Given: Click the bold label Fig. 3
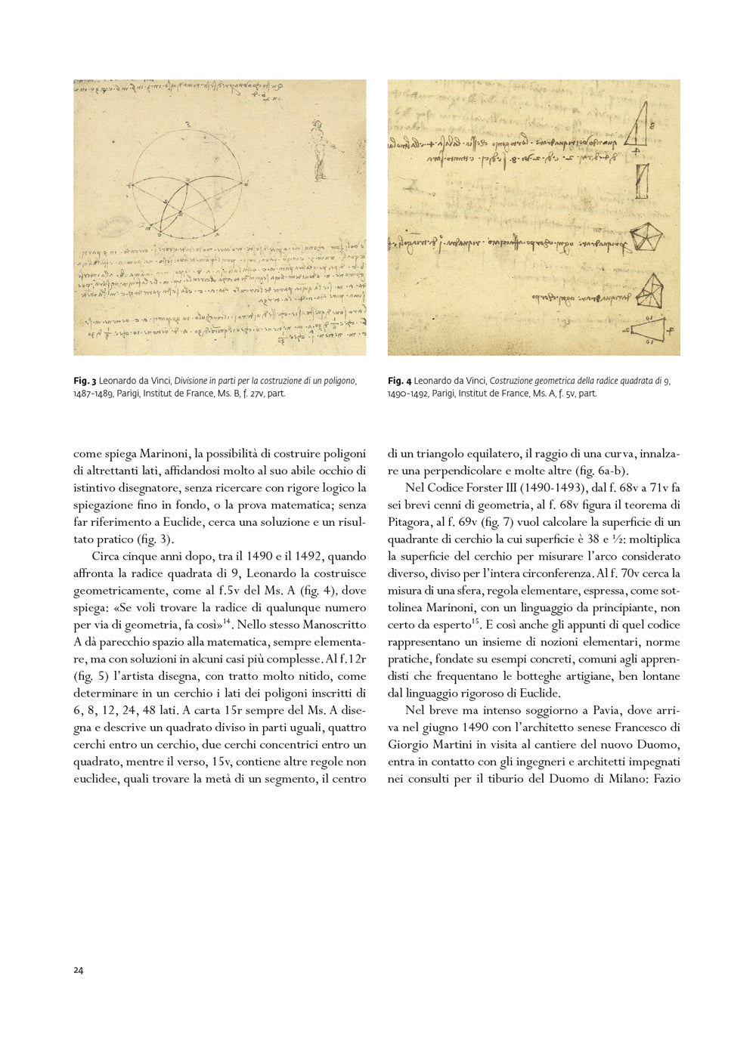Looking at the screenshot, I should click(85, 381).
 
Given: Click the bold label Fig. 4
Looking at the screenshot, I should click(399, 381).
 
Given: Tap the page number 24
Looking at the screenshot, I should click(79, 970).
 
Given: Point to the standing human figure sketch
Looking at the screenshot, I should click(318, 147).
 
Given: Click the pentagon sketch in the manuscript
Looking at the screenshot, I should click(646, 237).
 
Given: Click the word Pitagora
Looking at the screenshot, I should click(409, 522).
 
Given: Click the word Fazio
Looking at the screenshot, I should click(667, 779).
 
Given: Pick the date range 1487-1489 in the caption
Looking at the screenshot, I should click(92, 394).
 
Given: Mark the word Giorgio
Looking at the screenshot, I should click(409, 745).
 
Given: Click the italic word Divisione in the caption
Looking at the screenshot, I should click(194, 381).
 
